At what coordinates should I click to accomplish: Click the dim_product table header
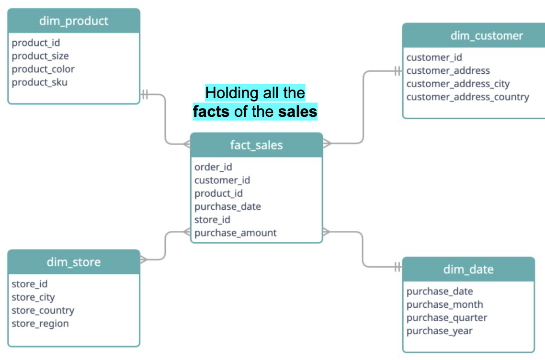74,21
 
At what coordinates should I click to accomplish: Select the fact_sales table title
256,145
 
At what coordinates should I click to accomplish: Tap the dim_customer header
486,36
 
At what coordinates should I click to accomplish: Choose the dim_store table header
74,262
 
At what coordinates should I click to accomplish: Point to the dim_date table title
468,270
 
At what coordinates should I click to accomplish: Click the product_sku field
40,82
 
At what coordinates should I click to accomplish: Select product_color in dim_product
43,69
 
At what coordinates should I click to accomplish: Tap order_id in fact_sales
213,167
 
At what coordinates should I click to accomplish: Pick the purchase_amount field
236,233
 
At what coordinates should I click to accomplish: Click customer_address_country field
467,97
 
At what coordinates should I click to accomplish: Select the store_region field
40,324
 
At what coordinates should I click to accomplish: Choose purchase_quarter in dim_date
447,318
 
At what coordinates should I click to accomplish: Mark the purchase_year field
440,331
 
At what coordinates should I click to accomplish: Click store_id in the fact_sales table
212,220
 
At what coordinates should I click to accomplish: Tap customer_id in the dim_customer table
434,57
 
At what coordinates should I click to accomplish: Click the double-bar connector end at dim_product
145,94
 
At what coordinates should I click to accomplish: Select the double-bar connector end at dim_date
397,267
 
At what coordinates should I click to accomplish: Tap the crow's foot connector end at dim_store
144,260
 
